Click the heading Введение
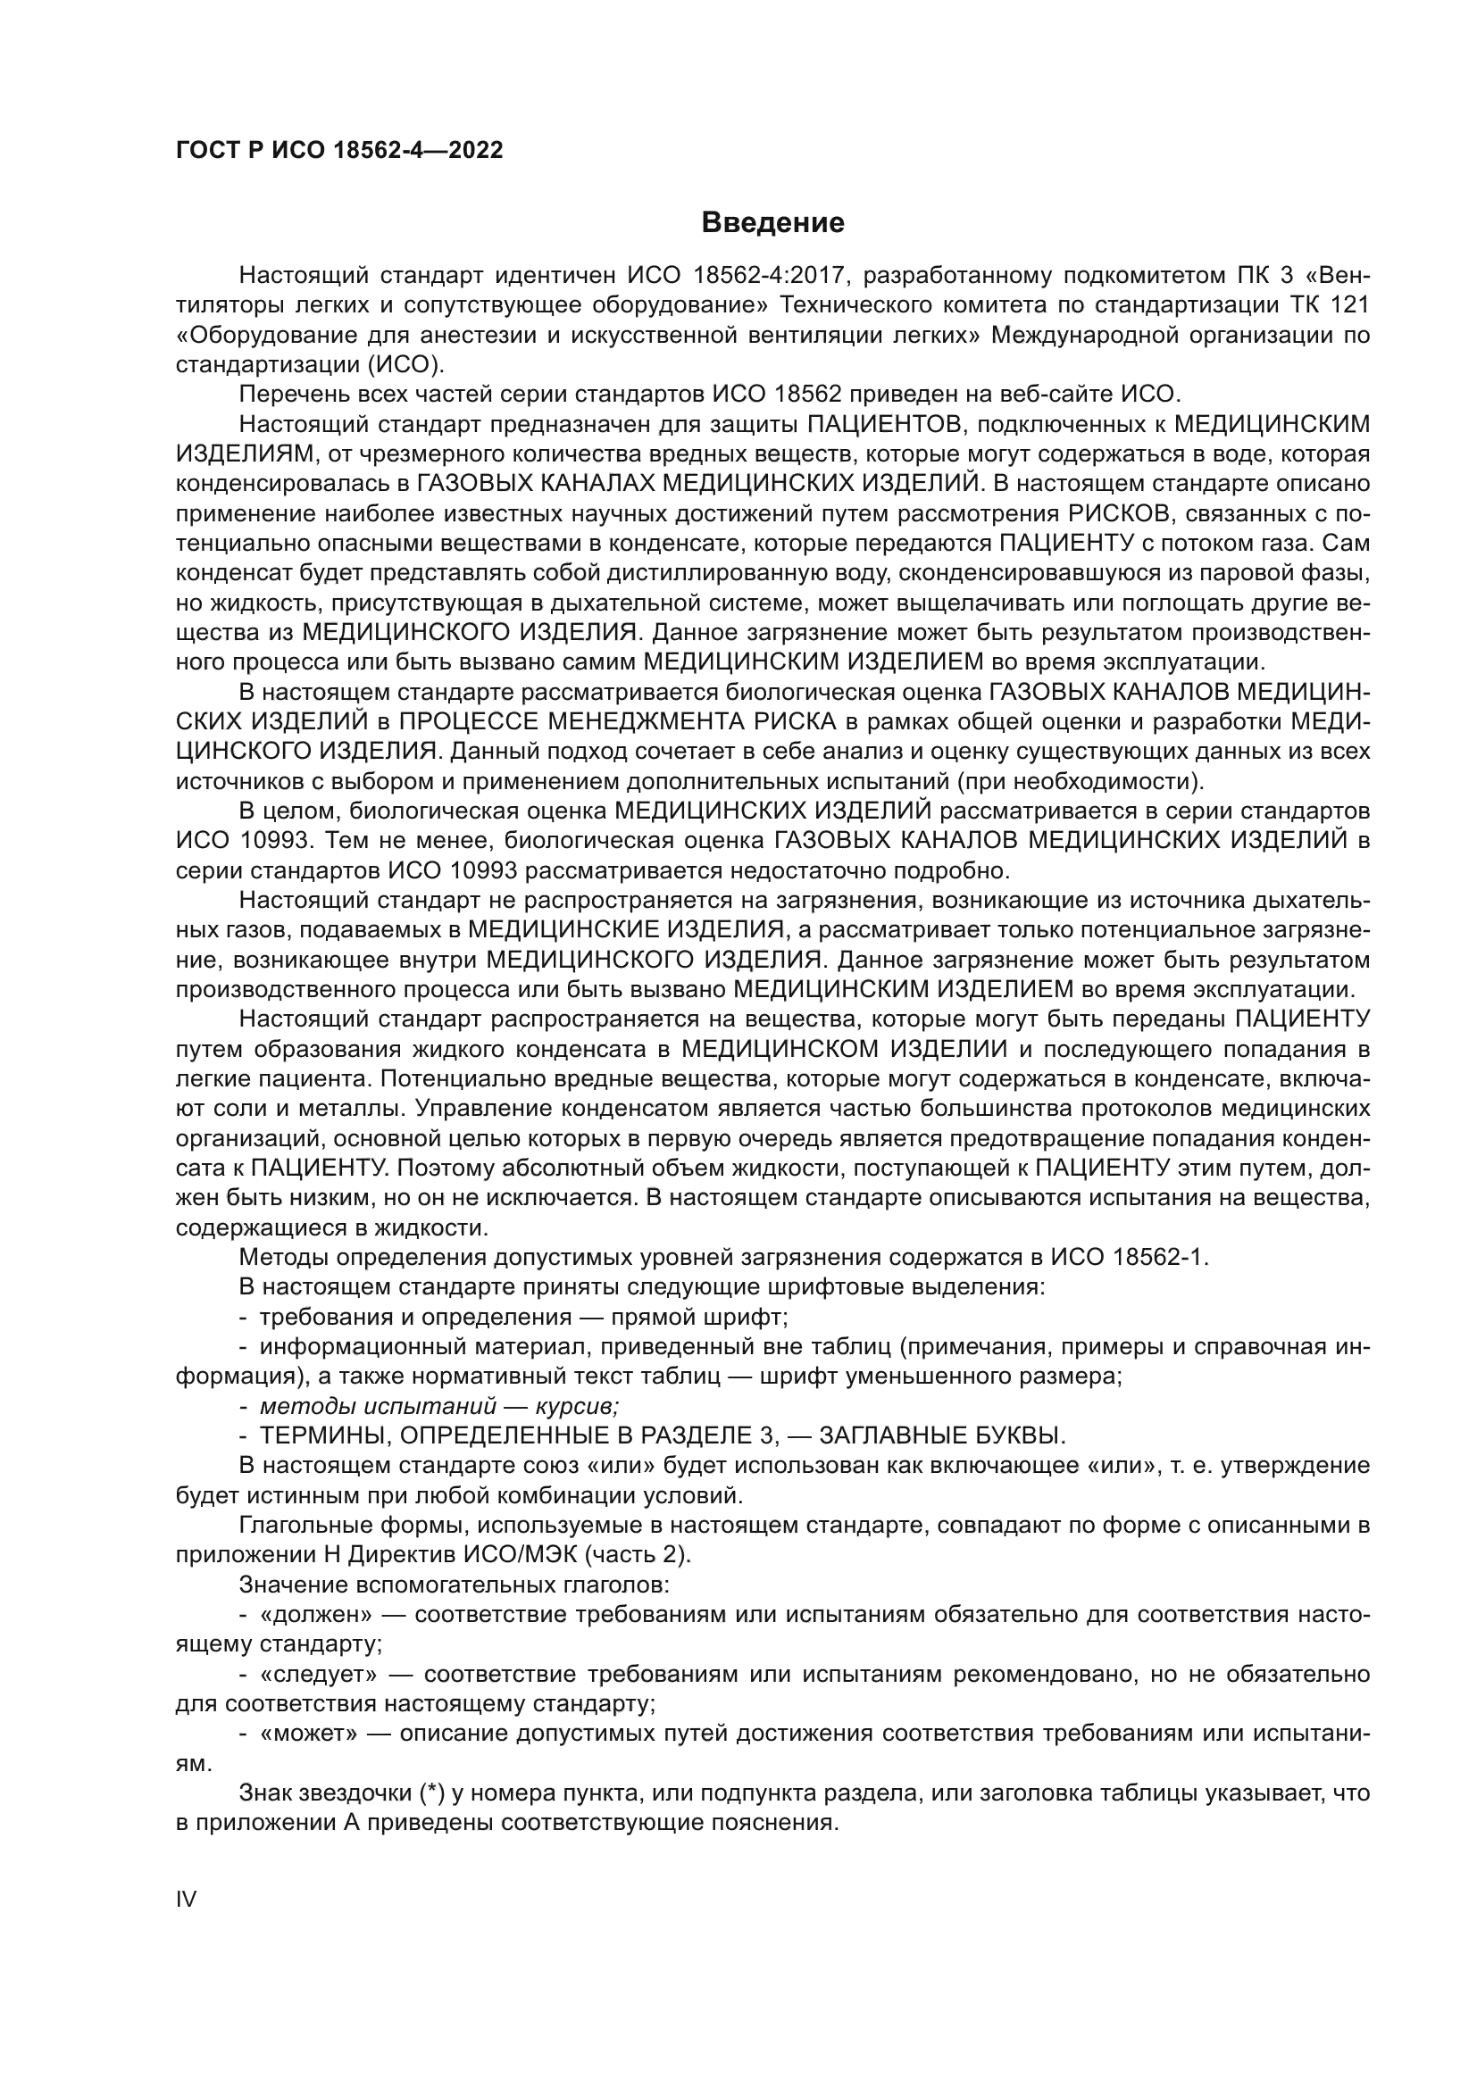point(773,223)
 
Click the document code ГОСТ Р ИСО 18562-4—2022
point(339,151)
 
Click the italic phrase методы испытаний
point(378,1407)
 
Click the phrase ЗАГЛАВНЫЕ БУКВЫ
point(942,1437)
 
